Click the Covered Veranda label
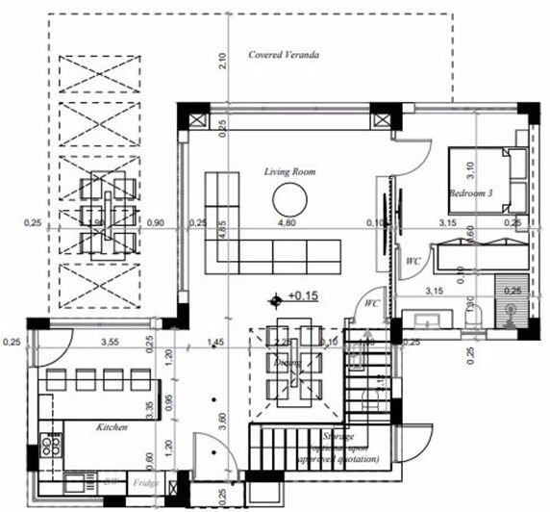pos(284,55)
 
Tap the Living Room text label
pos(290,171)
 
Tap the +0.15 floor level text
pos(303,296)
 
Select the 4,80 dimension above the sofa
pos(287,223)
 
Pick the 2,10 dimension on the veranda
pos(222,61)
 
